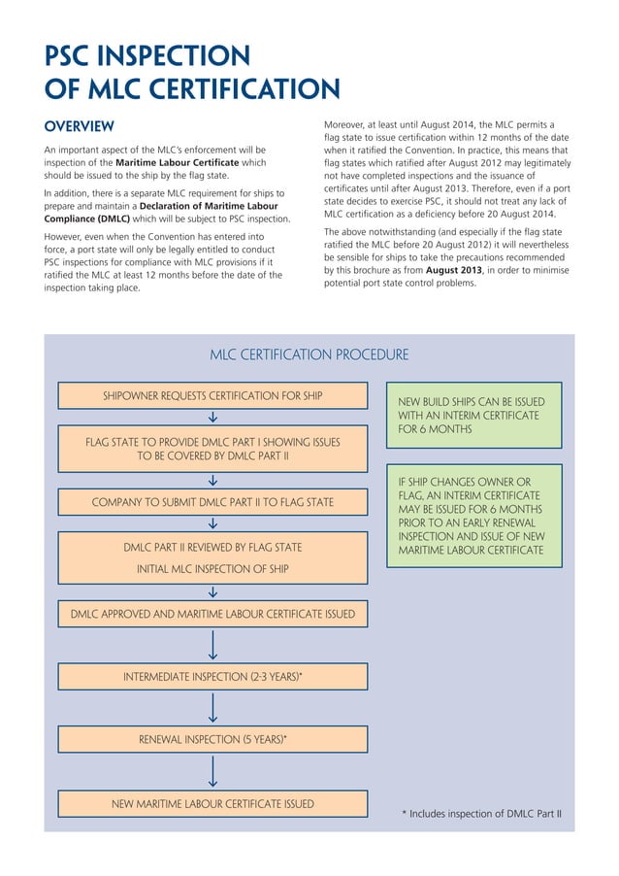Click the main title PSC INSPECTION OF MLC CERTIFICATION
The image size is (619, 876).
pyautogui.click(x=192, y=72)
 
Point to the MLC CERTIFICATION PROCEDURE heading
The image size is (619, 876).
pyautogui.click(x=309, y=355)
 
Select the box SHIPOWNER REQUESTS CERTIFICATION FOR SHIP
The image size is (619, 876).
pyautogui.click(x=212, y=396)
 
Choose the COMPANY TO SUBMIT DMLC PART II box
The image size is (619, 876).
pyautogui.click(x=212, y=502)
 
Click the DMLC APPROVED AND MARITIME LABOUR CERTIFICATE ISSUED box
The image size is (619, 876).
pyautogui.click(x=212, y=615)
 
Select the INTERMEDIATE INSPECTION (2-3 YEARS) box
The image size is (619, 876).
pyautogui.click(x=212, y=676)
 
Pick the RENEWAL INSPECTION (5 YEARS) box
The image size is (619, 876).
pyautogui.click(x=212, y=739)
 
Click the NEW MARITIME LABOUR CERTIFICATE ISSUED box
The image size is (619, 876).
pyautogui.click(x=212, y=803)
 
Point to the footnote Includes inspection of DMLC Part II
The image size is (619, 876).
pyautogui.click(x=482, y=814)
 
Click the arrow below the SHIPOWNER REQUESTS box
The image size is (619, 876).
pyautogui.click(x=212, y=418)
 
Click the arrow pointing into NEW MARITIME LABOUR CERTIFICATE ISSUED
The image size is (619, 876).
pyautogui.click(x=212, y=771)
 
